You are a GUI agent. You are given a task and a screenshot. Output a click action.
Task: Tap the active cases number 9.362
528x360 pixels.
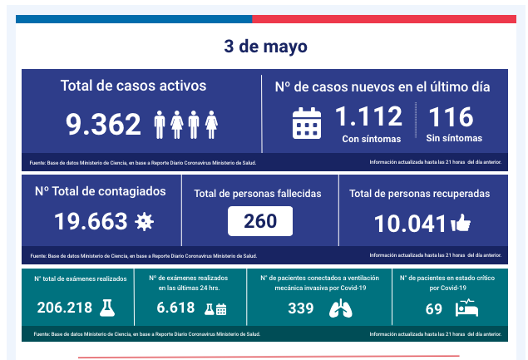point(104,125)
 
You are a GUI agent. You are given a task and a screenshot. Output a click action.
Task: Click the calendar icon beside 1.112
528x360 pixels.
point(307,123)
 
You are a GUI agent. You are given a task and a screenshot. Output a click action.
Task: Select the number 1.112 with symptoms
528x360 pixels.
point(368,116)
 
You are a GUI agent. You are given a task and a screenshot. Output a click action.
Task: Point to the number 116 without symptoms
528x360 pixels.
point(450,116)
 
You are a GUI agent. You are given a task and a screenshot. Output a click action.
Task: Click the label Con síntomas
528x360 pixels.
point(371,139)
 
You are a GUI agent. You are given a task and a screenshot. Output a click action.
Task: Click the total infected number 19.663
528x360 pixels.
point(91,221)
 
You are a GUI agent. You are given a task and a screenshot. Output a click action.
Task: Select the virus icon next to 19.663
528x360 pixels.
point(145,221)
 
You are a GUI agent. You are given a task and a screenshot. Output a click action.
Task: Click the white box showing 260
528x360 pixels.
point(260,221)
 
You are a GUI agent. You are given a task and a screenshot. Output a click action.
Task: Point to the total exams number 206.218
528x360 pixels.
point(65,308)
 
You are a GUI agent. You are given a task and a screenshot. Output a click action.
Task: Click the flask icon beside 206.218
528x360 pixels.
point(106,308)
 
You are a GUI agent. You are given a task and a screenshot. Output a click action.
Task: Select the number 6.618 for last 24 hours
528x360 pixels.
point(175,308)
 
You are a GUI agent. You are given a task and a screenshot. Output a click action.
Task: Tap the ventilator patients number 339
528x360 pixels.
point(300,308)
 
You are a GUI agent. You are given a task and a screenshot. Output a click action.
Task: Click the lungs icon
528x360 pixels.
point(340,308)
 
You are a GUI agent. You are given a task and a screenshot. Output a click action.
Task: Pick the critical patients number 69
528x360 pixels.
point(433,308)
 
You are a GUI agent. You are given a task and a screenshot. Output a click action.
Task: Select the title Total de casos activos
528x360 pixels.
point(133,86)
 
